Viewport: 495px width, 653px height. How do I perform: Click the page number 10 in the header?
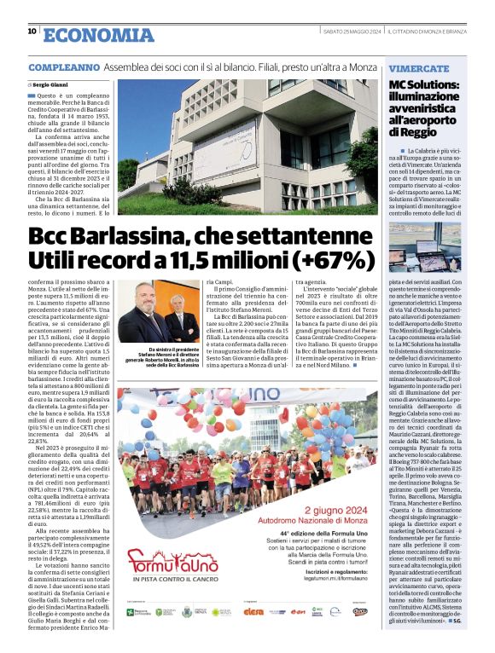pos(32,32)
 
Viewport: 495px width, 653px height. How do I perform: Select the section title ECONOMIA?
pos(97,34)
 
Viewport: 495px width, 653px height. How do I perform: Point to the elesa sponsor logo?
pos(253,635)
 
